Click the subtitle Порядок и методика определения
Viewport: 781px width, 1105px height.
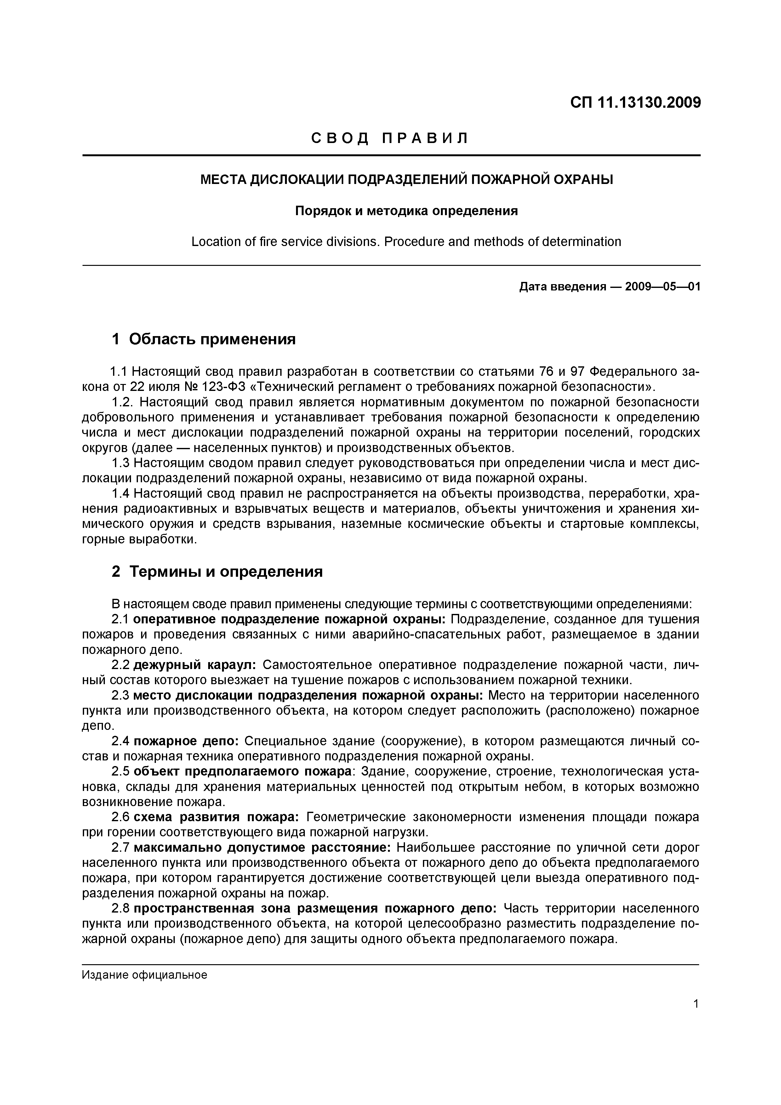click(x=406, y=211)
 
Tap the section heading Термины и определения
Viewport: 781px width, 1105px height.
click(x=226, y=572)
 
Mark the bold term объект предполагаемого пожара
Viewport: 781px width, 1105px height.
click(x=242, y=771)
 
